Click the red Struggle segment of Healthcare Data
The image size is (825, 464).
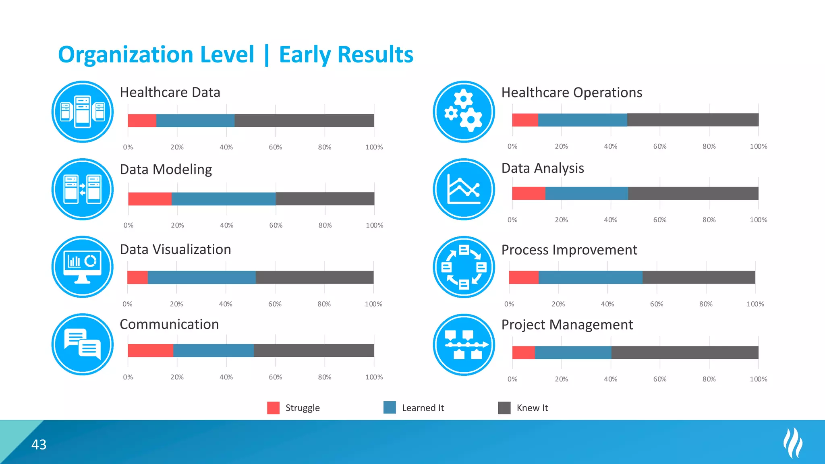pos(142,120)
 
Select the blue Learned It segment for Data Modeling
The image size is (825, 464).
pos(224,199)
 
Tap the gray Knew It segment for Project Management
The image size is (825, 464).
pos(684,352)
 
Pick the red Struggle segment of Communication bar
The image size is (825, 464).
pos(150,350)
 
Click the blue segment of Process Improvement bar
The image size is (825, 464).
pos(590,277)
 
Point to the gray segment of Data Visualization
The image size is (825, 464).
pos(314,277)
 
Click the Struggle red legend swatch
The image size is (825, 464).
pos(273,408)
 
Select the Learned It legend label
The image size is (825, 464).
pos(423,408)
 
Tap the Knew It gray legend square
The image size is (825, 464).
pos(504,408)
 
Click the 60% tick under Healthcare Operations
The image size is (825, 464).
pos(659,146)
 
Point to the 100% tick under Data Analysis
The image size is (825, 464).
pos(758,220)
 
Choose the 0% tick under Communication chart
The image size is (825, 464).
pos(128,377)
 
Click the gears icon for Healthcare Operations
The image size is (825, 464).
pos(464,112)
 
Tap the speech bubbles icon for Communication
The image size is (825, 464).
pos(83,344)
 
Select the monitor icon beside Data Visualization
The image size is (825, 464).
pos(83,267)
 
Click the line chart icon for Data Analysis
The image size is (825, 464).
pos(464,189)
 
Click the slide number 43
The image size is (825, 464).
pos(39,444)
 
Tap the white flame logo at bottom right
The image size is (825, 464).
pos(792,443)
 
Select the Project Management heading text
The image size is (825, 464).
pos(567,325)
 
